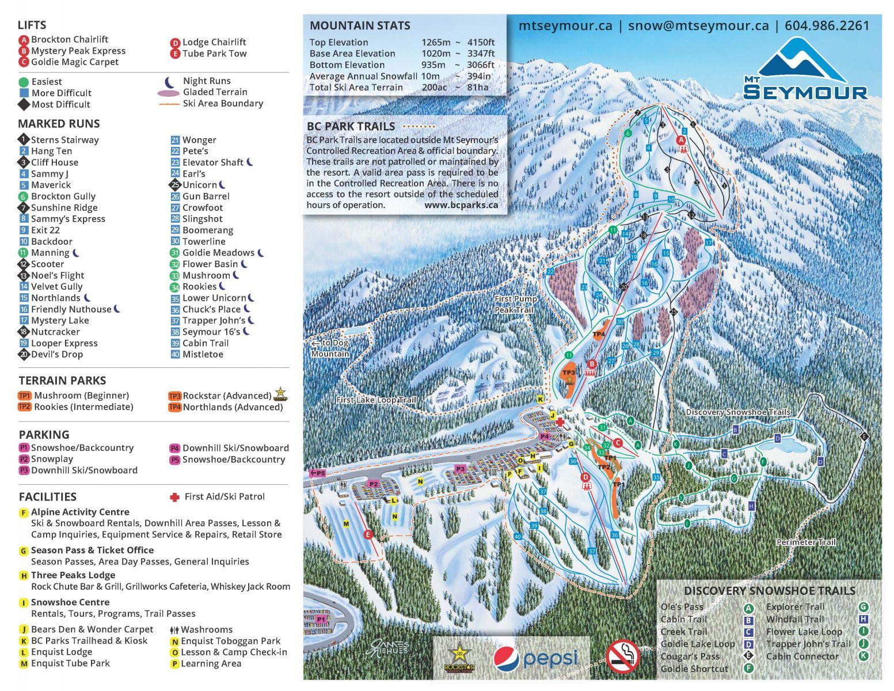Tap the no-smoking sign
click(x=622, y=656)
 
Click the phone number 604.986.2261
click(x=827, y=26)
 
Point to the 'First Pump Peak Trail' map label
click(x=515, y=304)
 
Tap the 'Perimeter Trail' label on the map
click(x=805, y=542)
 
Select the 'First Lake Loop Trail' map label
click(x=376, y=400)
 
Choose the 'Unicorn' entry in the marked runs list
click(x=199, y=185)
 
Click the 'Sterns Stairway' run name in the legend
click(x=64, y=140)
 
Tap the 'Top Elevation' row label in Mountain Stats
click(x=338, y=42)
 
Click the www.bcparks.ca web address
click(x=461, y=205)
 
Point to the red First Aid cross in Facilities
click(x=174, y=496)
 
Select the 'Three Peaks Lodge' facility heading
click(x=73, y=575)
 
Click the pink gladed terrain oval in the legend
click(x=168, y=93)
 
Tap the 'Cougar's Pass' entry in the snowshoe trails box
click(x=690, y=656)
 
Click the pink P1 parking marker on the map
click(x=321, y=618)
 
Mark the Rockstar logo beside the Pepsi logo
click(x=459, y=658)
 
